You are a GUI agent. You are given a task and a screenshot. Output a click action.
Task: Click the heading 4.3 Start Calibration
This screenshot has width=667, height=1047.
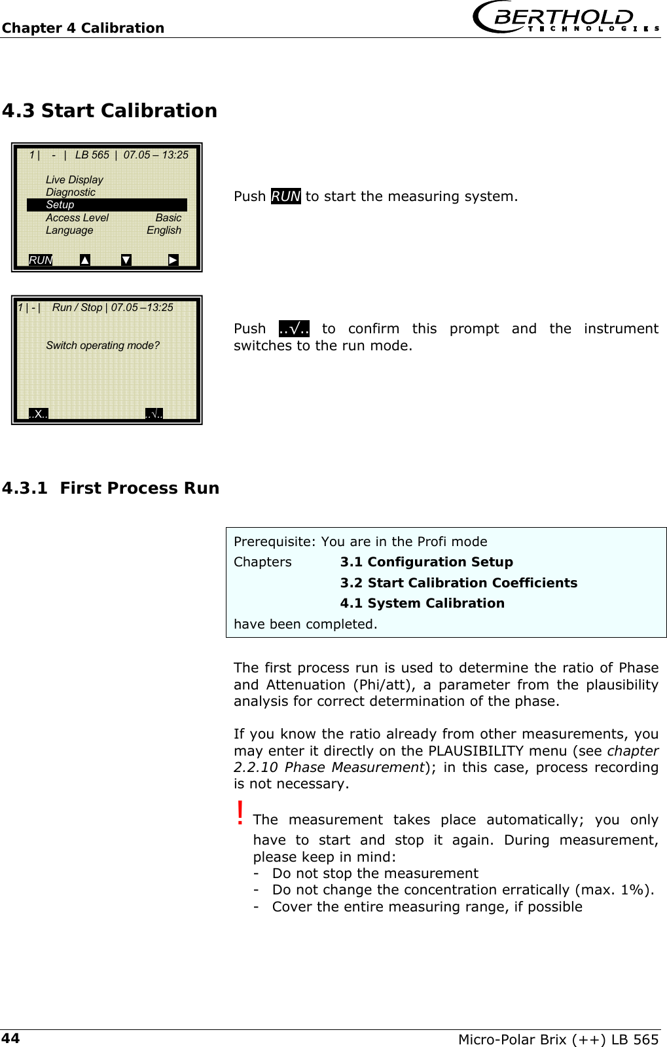click(109, 111)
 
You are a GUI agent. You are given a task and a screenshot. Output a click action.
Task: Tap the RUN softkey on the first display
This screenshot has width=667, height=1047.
click(41, 260)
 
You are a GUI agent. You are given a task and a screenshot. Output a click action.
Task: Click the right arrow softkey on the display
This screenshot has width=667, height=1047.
click(173, 260)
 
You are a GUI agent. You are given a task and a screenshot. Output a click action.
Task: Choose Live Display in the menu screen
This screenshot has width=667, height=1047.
click(75, 179)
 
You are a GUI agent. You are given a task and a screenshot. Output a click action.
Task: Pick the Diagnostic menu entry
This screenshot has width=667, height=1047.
click(71, 192)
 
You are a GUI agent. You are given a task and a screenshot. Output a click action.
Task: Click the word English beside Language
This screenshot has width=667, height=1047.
click(164, 230)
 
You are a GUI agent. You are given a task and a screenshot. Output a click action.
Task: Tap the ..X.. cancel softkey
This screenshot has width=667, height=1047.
click(39, 414)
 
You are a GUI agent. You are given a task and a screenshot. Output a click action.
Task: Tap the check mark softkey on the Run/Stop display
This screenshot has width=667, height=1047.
click(154, 414)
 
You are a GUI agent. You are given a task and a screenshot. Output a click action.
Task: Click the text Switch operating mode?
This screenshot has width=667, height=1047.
click(103, 345)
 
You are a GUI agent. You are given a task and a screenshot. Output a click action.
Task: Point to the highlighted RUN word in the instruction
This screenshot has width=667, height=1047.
click(285, 196)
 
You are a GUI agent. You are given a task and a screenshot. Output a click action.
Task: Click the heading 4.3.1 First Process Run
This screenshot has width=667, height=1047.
click(111, 488)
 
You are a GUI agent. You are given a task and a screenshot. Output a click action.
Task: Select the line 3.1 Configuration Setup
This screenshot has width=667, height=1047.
click(426, 562)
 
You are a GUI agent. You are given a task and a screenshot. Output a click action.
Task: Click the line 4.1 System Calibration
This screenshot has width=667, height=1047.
click(422, 603)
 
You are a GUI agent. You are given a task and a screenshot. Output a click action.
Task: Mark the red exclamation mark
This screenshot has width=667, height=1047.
click(240, 813)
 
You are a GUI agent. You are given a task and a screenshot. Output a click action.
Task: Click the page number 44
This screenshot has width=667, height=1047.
click(10, 1038)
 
